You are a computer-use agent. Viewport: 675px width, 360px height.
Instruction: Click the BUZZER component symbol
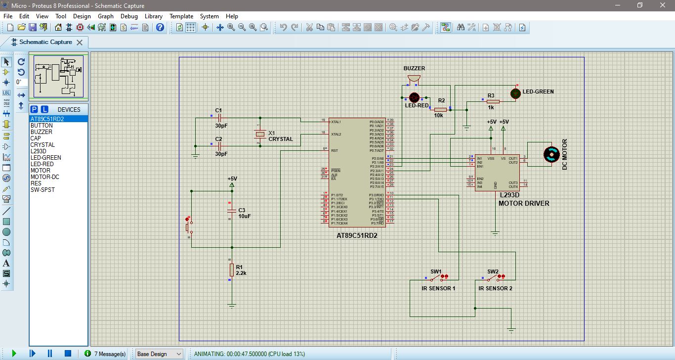(x=414, y=79)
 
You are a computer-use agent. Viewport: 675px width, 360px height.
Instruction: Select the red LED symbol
(x=414, y=97)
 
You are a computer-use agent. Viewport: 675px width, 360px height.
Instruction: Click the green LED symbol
(x=515, y=93)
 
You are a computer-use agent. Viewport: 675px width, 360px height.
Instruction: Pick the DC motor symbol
(x=550, y=154)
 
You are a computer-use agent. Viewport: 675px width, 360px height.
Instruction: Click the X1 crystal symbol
(x=260, y=134)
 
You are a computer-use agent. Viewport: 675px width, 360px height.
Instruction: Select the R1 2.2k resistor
(x=231, y=270)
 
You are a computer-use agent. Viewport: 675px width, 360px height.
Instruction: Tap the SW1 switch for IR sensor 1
(x=436, y=278)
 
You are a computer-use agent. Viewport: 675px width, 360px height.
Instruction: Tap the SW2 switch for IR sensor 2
(x=493, y=278)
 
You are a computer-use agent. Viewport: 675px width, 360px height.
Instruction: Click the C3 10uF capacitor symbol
(x=231, y=211)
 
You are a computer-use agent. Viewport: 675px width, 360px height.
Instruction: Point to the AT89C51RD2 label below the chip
(x=357, y=236)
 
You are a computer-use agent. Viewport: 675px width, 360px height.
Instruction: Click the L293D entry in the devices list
(x=38, y=151)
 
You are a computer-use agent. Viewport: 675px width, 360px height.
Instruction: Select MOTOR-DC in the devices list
(x=44, y=177)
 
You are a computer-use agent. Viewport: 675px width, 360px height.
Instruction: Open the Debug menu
(x=129, y=16)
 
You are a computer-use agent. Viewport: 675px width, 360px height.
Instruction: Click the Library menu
(x=153, y=16)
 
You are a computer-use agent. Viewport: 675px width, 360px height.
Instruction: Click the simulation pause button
(x=50, y=354)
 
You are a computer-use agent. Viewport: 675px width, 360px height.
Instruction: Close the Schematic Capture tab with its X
(x=79, y=43)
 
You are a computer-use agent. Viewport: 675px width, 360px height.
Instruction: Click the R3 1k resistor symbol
(x=493, y=101)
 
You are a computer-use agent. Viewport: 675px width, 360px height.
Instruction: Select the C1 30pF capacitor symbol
(x=219, y=118)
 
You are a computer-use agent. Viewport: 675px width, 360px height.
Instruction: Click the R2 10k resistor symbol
(x=441, y=109)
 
